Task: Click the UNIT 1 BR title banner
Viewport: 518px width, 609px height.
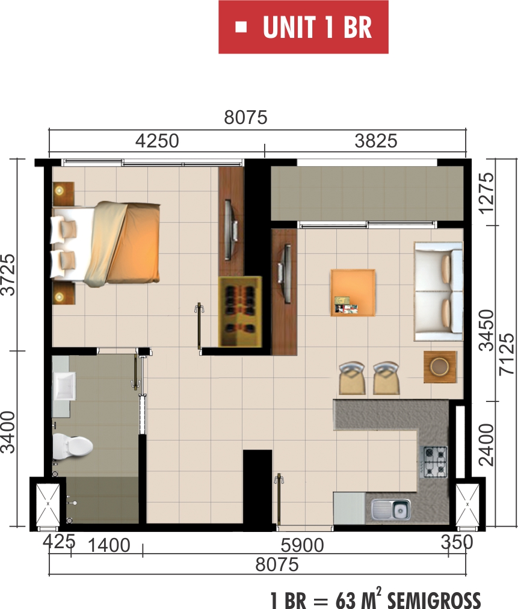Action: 303,27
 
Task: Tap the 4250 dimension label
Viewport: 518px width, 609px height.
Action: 157,141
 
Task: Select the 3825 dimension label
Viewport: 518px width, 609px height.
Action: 376,141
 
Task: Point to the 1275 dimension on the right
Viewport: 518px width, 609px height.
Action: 486,193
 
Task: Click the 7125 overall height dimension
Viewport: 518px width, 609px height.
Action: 507,354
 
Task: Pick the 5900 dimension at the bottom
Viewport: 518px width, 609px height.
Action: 302,546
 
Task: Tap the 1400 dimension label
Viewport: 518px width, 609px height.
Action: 109,546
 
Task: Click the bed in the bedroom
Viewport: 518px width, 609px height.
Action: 105,244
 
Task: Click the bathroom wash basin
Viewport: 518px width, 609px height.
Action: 64,386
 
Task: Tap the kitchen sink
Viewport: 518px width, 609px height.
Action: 390,509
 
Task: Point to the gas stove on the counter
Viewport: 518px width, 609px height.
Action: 435,462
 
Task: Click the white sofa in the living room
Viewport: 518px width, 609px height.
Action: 439,291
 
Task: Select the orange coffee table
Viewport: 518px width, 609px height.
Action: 353,293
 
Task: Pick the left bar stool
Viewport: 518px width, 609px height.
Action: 352,379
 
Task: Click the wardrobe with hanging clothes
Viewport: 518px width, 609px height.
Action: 241,312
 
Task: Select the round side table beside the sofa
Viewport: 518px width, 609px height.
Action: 440,366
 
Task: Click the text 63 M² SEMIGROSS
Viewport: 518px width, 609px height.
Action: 408,599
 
